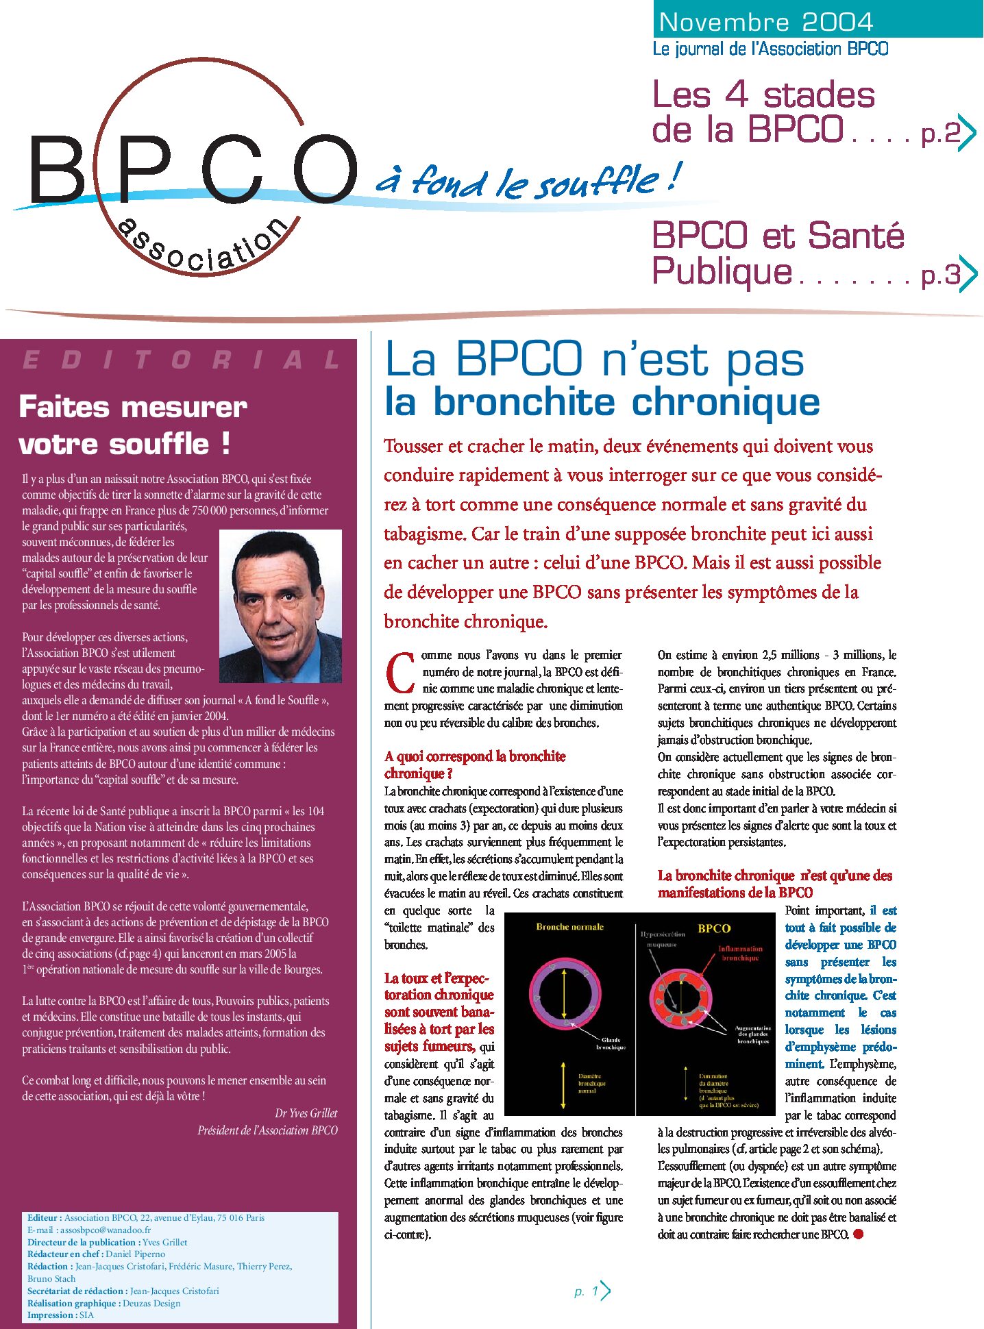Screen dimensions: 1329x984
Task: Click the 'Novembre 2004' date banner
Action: click(765, 22)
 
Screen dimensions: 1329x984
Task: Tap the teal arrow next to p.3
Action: click(968, 273)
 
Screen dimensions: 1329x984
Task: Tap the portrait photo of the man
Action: click(280, 606)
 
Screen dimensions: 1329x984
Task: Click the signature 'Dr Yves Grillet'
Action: click(306, 1113)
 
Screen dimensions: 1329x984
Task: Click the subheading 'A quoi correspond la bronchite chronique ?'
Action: click(474, 765)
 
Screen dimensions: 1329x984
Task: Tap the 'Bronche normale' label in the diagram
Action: click(569, 927)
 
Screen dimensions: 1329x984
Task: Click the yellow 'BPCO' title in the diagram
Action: click(714, 928)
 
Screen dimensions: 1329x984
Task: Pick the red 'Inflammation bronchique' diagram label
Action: click(739, 953)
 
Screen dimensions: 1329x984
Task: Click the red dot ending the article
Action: click(858, 1234)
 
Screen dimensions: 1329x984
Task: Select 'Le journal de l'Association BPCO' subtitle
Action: click(770, 49)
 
